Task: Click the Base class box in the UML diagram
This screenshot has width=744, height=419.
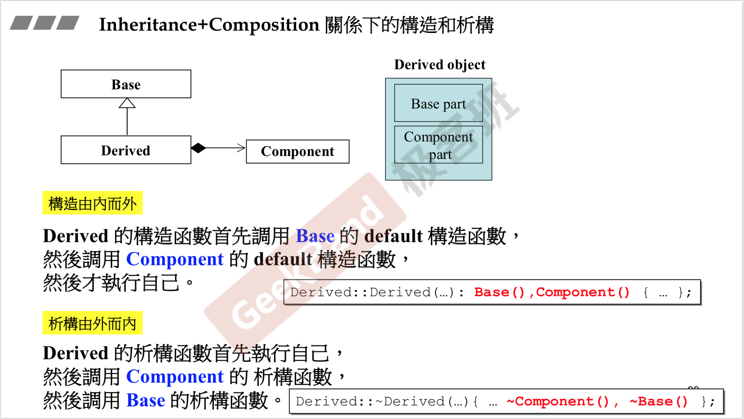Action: pyautogui.click(x=126, y=84)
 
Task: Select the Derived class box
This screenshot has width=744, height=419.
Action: pyautogui.click(x=126, y=150)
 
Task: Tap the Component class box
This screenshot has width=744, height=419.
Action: pyautogui.click(x=297, y=151)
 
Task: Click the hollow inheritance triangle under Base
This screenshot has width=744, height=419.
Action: pyautogui.click(x=127, y=103)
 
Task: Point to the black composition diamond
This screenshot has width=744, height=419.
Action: pyautogui.click(x=199, y=148)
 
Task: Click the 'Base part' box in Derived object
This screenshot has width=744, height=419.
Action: pyautogui.click(x=438, y=103)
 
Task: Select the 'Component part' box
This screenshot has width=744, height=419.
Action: pyautogui.click(x=438, y=145)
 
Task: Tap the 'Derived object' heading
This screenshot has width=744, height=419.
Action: pyautogui.click(x=440, y=64)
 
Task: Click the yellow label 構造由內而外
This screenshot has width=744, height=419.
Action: pyautogui.click(x=92, y=203)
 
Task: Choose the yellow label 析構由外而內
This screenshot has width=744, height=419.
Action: pyautogui.click(x=92, y=323)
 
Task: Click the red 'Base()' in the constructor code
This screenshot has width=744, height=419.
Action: pyautogui.click(x=499, y=292)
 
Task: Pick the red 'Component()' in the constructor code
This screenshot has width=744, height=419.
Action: pyautogui.click(x=583, y=292)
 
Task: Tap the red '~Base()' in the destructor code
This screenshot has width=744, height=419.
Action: pyautogui.click(x=659, y=402)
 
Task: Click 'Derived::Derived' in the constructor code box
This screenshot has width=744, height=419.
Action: pyautogui.click(x=360, y=292)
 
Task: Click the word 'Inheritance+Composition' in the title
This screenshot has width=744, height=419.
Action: pyautogui.click(x=209, y=25)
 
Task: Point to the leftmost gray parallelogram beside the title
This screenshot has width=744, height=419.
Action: pyautogui.click(x=21, y=23)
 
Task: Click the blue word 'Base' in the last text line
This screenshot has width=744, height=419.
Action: pyautogui.click(x=146, y=400)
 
